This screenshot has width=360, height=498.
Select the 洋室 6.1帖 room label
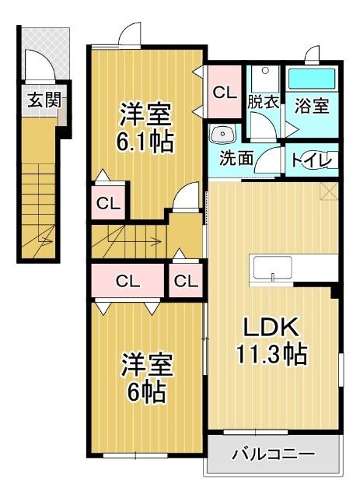point(145,128)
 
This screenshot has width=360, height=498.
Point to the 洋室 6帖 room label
point(145,377)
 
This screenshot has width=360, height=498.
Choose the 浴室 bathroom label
point(311,106)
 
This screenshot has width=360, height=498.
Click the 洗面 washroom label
point(235,157)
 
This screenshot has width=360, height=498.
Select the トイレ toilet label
point(313,160)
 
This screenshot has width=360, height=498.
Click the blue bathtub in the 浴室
point(311,79)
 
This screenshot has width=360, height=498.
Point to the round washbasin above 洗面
point(218,133)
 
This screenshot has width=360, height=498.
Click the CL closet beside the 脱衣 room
point(225,92)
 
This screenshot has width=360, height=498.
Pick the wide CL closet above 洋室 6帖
point(128,281)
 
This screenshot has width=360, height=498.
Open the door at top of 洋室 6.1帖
point(128,35)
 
